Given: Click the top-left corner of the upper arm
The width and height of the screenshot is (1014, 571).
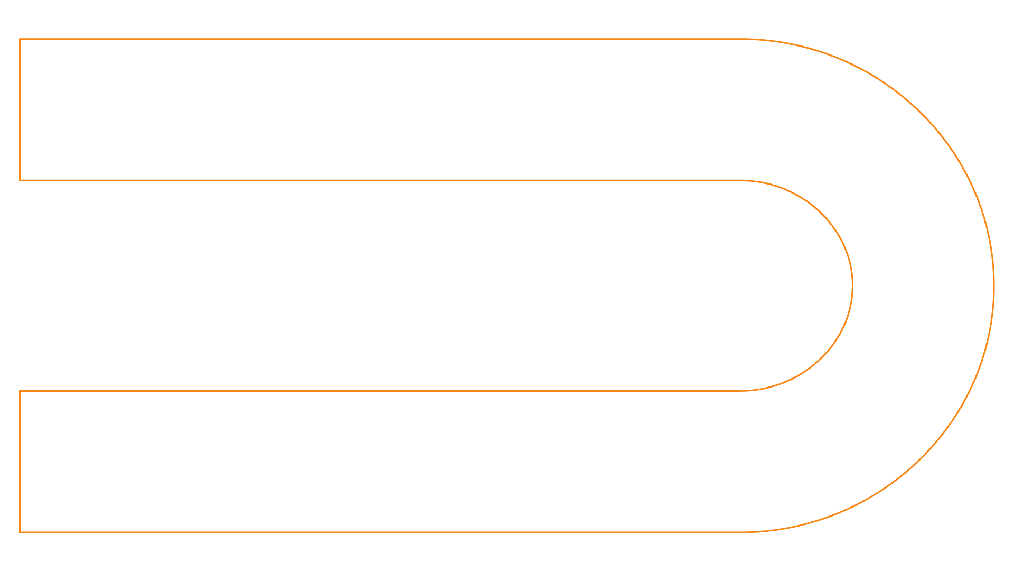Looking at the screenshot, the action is [x=20, y=39].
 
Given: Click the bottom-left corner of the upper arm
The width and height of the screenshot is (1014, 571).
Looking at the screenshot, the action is [x=20, y=180].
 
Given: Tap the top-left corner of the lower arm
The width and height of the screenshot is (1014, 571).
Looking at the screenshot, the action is [x=20, y=391].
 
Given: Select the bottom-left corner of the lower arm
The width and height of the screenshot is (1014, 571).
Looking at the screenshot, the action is [x=20, y=532].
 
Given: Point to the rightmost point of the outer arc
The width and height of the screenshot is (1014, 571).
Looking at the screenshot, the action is [x=994, y=285].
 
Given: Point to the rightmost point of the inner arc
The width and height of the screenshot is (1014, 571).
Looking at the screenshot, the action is [x=852, y=285].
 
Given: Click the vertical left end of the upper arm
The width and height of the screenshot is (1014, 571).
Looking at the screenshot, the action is [x=20, y=110].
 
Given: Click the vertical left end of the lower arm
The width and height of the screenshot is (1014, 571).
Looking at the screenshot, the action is [x=20, y=462].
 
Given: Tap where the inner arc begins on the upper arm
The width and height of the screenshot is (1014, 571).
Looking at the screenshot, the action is [x=741, y=180].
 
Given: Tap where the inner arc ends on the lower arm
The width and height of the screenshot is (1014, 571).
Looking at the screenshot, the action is [x=741, y=391].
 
